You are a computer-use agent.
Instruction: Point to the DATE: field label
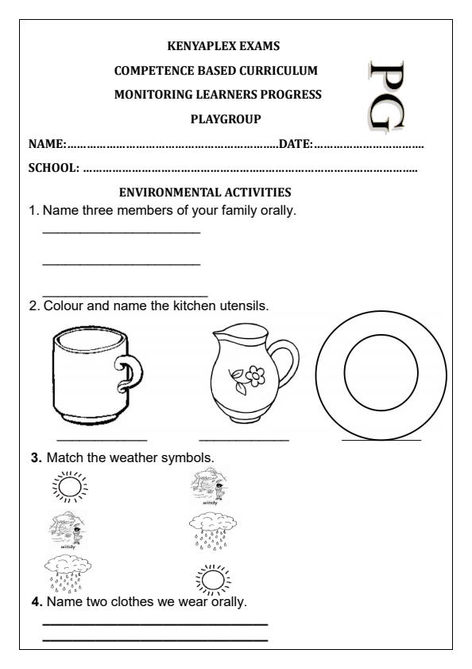point(296,144)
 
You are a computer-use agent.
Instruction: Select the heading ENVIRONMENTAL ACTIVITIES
point(205,192)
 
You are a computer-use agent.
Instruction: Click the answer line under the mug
point(102,439)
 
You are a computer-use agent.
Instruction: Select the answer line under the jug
point(244,439)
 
